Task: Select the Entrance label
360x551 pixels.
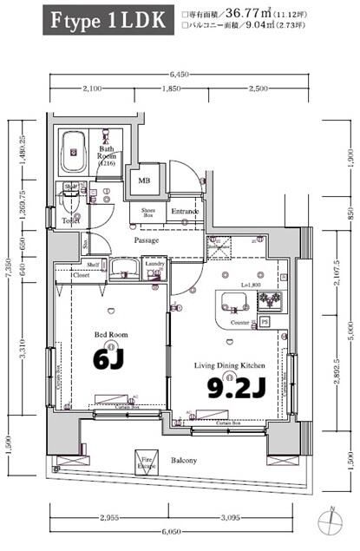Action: point(186,211)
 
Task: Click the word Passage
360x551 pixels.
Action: point(146,240)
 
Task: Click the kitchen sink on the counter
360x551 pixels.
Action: point(234,302)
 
